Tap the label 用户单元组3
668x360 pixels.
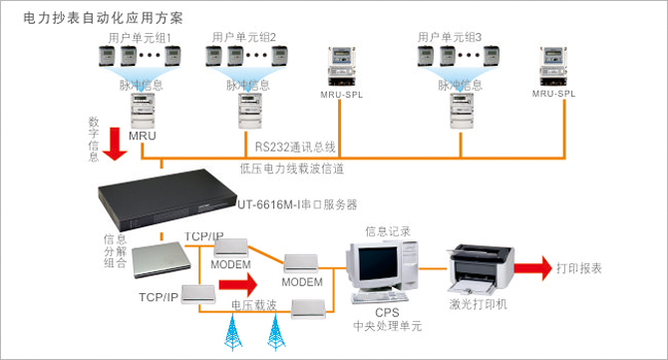[450, 37]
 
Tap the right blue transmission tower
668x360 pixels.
[274, 328]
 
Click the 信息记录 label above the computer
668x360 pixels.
[387, 230]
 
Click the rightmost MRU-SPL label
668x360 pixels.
[554, 93]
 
